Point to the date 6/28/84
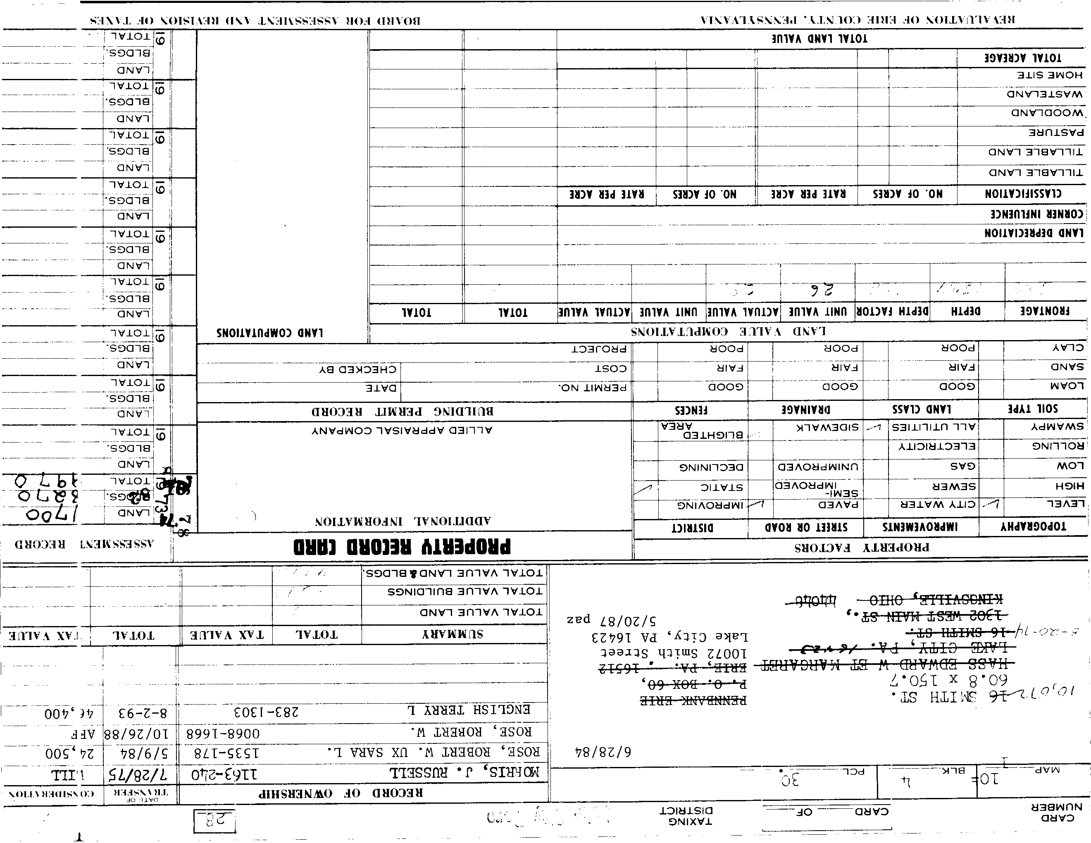(x=603, y=752)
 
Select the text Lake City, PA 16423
(x=669, y=638)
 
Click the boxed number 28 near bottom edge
(x=214, y=821)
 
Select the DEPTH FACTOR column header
(x=892, y=312)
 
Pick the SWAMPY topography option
(x=1057, y=427)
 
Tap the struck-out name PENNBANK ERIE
(x=693, y=700)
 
